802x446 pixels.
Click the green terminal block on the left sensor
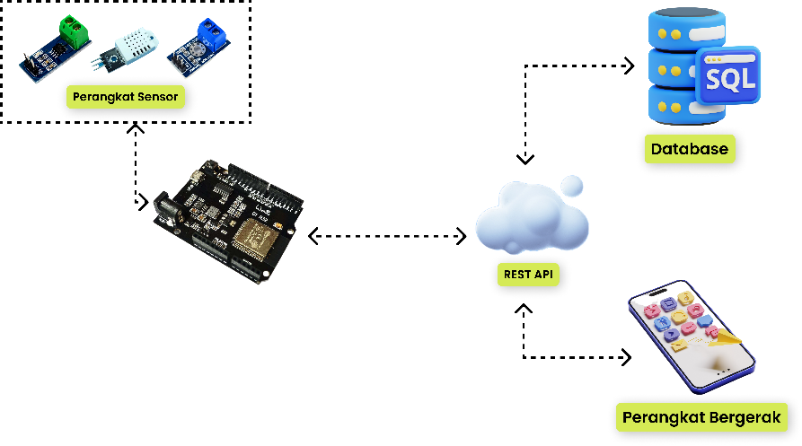[x=75, y=33]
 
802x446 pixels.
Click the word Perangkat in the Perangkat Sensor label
[x=99, y=97]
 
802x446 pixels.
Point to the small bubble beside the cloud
[x=572, y=187]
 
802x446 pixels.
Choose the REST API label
[x=528, y=274]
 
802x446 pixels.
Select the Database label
[x=690, y=149]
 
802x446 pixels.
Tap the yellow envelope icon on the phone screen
[x=680, y=345]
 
